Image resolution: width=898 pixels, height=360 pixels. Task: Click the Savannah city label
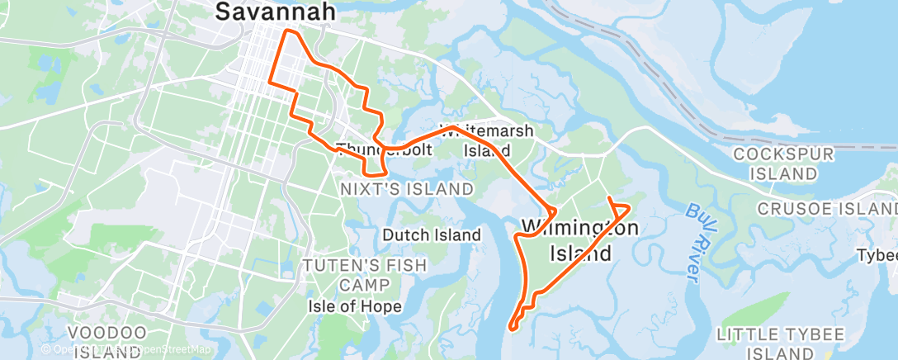[276, 12]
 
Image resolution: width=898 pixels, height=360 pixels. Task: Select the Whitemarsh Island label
[486, 140]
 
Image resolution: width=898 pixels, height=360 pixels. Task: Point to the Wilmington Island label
[579, 239]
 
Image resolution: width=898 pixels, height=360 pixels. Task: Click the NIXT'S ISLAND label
[407, 189]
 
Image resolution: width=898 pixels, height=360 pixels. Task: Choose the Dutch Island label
[431, 235]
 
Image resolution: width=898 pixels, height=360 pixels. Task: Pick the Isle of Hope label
[355, 306]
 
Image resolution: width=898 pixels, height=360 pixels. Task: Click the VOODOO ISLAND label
[108, 343]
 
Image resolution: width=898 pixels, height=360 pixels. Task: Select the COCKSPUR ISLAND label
[785, 163]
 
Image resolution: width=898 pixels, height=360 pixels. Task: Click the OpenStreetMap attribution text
[165, 350]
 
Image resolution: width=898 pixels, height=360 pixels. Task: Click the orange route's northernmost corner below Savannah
[287, 31]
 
